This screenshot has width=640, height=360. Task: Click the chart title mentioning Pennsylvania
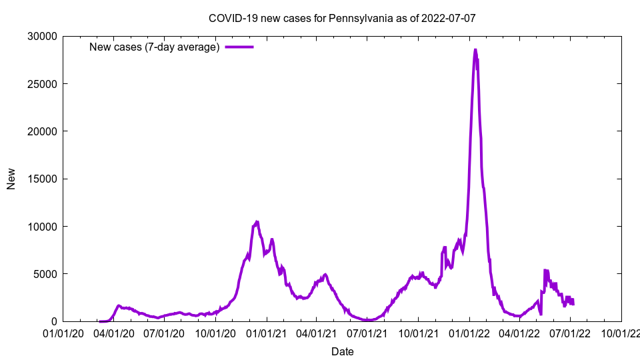pos(342,18)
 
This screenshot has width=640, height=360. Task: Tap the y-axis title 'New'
pos(11,179)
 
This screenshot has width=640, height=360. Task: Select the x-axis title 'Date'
pos(342,351)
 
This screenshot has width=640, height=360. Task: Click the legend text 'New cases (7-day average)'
pos(154,47)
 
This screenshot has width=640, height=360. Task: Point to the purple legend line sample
pos(239,47)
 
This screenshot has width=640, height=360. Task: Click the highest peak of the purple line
pos(475,49)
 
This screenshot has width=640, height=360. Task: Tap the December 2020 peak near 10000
pos(257,222)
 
